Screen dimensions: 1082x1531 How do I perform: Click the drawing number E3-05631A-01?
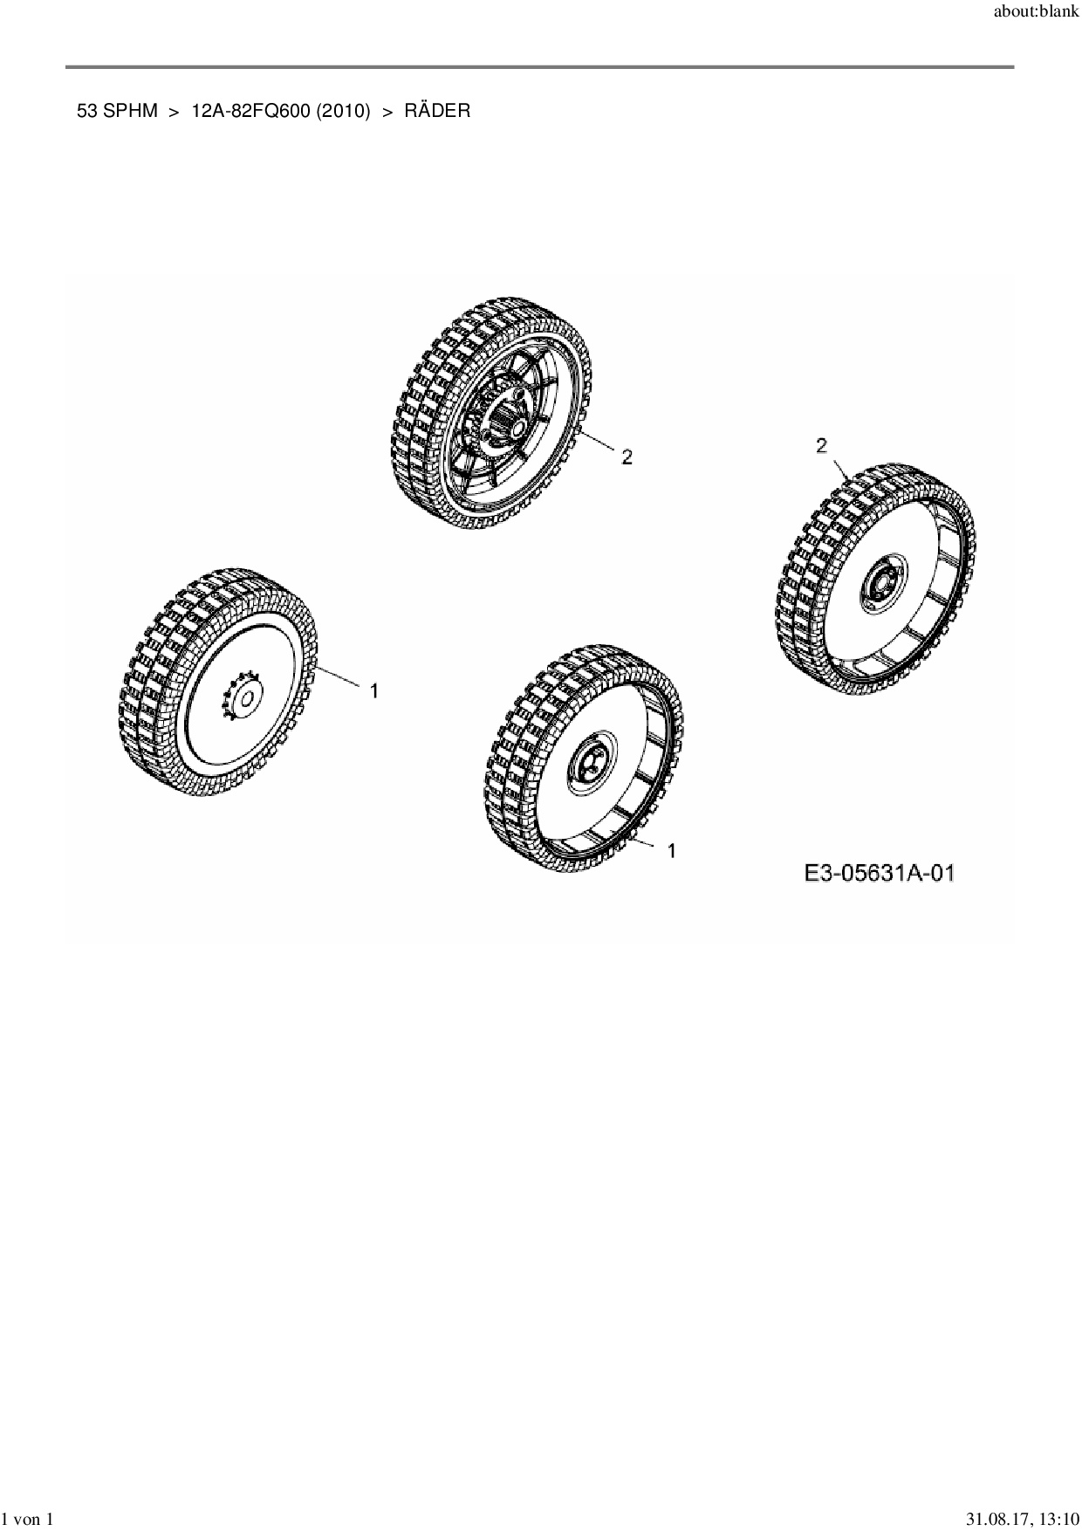click(879, 872)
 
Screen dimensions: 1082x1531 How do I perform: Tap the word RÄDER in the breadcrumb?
click(436, 111)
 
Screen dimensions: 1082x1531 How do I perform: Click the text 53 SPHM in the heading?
click(118, 111)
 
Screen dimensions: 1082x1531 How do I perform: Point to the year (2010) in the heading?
click(343, 111)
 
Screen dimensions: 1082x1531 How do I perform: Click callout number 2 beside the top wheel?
click(627, 456)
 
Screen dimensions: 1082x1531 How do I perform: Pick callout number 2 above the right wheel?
click(821, 446)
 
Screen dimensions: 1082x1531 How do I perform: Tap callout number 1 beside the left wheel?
click(373, 690)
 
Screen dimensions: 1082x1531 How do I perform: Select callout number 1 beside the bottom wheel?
click(671, 850)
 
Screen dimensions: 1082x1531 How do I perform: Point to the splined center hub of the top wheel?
click(507, 425)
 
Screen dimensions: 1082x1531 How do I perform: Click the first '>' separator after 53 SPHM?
click(174, 112)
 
